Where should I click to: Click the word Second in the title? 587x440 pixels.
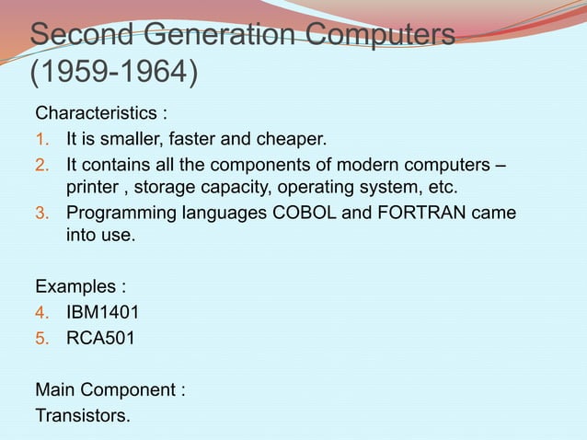click(x=82, y=37)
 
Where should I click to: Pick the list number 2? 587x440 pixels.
click(x=41, y=166)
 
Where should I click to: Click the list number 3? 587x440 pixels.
click(x=41, y=214)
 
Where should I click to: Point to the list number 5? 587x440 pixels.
click(x=41, y=338)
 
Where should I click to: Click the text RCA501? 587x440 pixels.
click(x=99, y=338)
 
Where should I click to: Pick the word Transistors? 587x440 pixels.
click(x=82, y=415)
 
